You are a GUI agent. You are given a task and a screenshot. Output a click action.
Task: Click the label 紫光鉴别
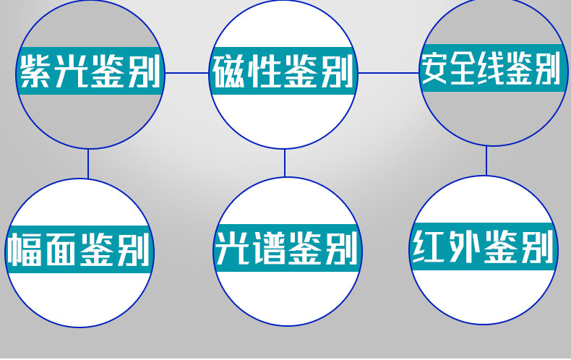tap(89, 71)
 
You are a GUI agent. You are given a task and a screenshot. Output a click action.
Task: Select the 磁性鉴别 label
tap(285, 71)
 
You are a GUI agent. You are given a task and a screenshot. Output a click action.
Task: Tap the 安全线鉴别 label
tap(491, 69)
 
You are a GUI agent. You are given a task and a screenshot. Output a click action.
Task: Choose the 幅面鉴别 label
tap(80, 250)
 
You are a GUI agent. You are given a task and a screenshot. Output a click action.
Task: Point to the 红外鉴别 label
tap(484, 248)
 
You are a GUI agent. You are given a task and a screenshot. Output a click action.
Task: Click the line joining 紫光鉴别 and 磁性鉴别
tap(187, 73)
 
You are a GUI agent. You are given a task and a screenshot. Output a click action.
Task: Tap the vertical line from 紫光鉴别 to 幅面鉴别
tap(88, 163)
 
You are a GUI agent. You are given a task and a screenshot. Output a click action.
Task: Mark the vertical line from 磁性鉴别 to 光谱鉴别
tap(285, 163)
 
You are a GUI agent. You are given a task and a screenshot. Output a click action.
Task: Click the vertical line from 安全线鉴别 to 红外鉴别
tap(486, 160)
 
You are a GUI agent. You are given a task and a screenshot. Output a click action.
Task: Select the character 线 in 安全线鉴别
tap(491, 69)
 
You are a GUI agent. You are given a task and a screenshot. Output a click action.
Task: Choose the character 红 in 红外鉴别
tap(429, 248)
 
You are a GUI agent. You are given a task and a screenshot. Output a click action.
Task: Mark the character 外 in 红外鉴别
tap(465, 248)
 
